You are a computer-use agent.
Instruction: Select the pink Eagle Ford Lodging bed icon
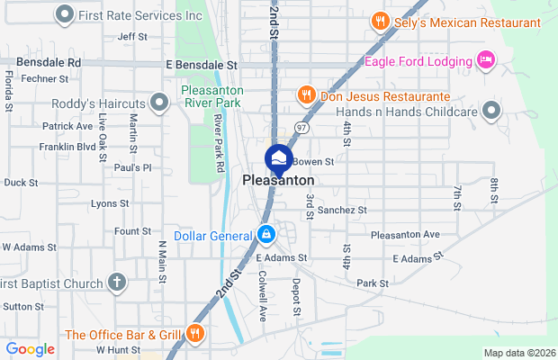coord(486,61)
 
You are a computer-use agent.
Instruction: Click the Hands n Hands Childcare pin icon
coord(490,111)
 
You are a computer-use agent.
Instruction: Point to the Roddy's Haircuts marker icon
coord(160,103)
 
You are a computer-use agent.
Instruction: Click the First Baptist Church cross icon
coord(116,283)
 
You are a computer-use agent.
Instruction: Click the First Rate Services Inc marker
coord(65,14)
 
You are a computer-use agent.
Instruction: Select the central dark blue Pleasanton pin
coord(278,159)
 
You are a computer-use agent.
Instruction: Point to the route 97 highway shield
coord(303,129)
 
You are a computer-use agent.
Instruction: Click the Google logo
coord(30,349)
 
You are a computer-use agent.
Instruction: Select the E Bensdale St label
coord(201,65)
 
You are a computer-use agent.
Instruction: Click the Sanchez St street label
coord(342,210)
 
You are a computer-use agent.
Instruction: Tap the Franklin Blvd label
coord(67,146)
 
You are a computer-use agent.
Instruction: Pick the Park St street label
coord(372,283)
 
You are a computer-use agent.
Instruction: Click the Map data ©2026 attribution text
coord(519,353)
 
